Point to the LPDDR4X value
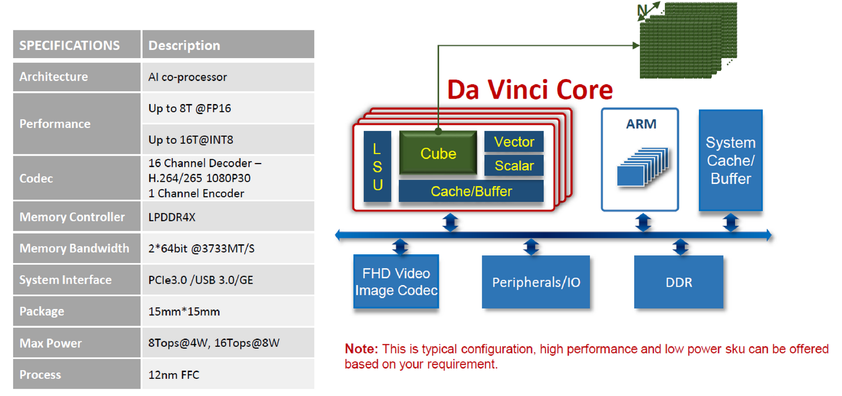[x=172, y=217]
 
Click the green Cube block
[x=438, y=153]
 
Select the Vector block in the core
[x=513, y=142]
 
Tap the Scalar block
[x=513, y=166]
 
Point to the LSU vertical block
[x=377, y=167]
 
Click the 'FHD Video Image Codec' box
[x=396, y=282]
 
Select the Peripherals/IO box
[x=535, y=282]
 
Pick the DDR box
[x=678, y=282]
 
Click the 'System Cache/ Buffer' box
[x=730, y=160]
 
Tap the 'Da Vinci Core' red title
[x=530, y=90]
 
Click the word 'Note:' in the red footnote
[x=361, y=349]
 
